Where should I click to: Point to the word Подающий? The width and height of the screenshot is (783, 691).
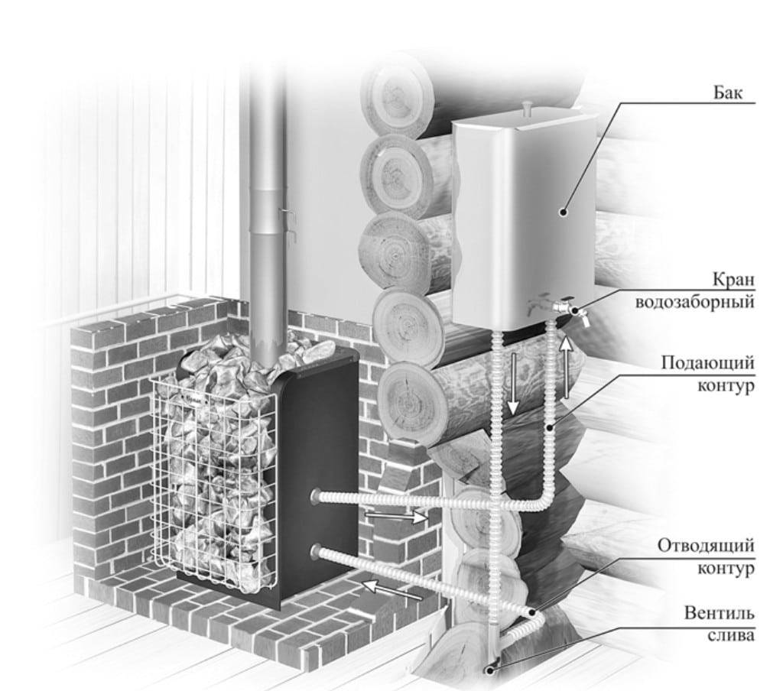[708, 364]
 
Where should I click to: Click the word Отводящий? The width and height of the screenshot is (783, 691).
[707, 547]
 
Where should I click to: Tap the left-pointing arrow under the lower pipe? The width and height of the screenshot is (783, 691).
[391, 589]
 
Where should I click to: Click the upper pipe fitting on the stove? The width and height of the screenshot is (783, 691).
[316, 497]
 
